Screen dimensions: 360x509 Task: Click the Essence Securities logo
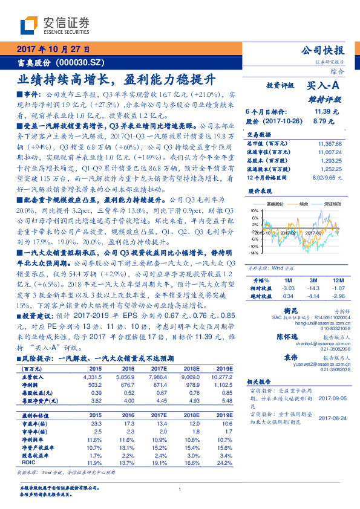click(x=55, y=25)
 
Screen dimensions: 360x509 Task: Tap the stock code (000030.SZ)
click(x=78, y=62)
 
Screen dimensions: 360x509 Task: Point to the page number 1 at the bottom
click(x=180, y=489)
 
